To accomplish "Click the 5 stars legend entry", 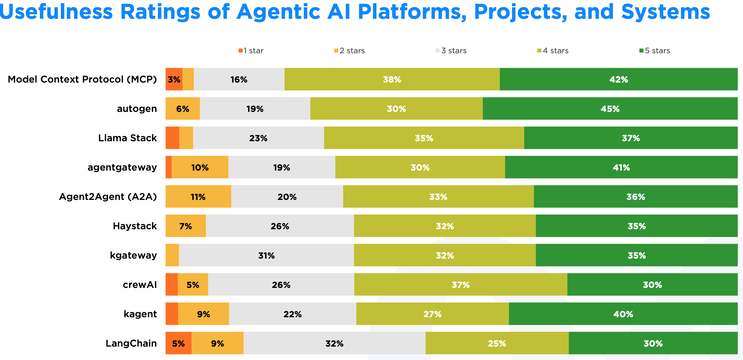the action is [x=655, y=51].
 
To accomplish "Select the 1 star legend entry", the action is [x=251, y=51].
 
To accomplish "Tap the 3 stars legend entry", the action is [x=451, y=51].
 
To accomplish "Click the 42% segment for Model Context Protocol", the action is [x=619, y=79].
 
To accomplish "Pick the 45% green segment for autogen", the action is [x=610, y=108].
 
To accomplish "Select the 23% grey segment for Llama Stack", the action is [x=259, y=138].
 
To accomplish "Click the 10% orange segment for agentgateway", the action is [x=200, y=167].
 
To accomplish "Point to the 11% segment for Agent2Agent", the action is [x=198, y=196].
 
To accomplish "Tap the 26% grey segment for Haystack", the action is [x=280, y=226].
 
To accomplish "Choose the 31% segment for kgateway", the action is [x=266, y=255].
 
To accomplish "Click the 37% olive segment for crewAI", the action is [x=461, y=284].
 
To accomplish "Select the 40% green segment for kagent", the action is [x=624, y=314].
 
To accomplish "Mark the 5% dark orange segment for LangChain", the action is [x=179, y=343].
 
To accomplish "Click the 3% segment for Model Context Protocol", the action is [x=174, y=79].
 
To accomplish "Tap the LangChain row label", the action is [x=131, y=343].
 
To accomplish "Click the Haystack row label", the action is [x=135, y=226].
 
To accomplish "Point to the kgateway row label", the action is [x=134, y=256].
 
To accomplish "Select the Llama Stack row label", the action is [x=127, y=138].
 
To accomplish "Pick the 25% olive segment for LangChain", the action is [x=497, y=343].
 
